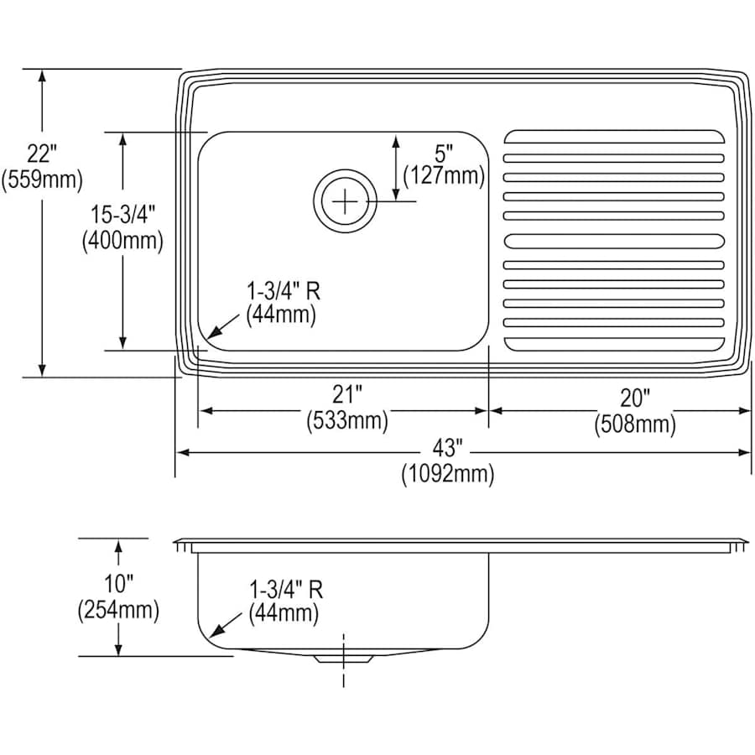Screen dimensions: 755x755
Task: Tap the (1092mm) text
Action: [x=447, y=474]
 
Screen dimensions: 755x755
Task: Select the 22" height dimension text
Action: [x=41, y=154]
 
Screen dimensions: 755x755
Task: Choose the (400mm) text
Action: [x=122, y=240]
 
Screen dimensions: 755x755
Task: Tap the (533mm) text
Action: [x=346, y=420]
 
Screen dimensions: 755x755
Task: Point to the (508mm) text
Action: [x=634, y=424]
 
